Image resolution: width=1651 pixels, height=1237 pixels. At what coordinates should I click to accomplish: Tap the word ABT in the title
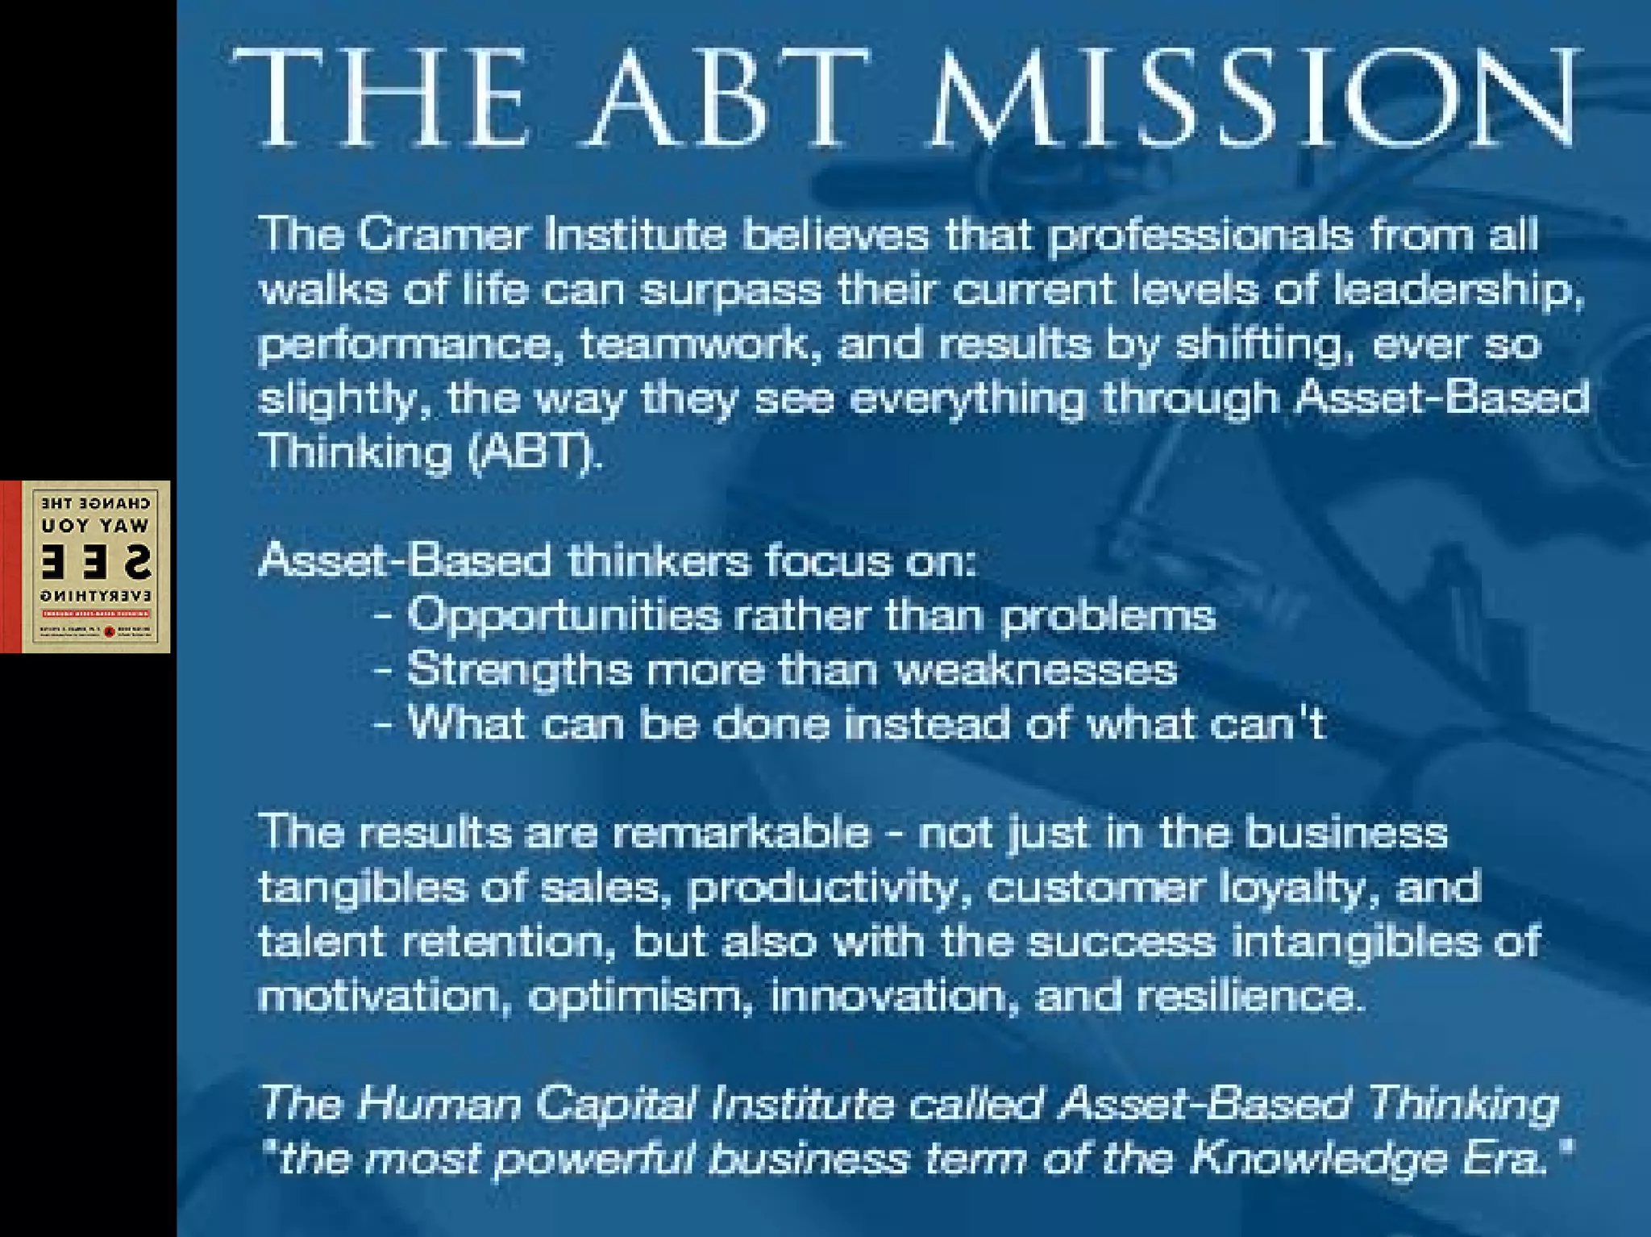click(x=730, y=98)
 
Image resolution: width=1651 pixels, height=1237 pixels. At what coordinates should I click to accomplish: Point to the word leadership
click(x=1458, y=290)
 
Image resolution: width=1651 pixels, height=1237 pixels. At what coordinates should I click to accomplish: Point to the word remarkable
click(x=742, y=832)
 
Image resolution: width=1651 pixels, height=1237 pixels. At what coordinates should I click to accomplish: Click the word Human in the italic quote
click(x=439, y=1103)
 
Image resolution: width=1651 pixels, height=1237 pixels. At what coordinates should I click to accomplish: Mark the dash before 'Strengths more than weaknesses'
click(x=384, y=670)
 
